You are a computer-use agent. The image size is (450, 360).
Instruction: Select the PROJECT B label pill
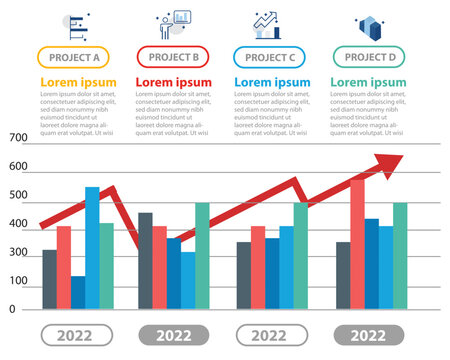click(x=174, y=58)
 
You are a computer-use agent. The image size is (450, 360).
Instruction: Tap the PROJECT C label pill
click(x=271, y=58)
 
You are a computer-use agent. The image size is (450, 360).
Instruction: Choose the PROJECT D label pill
click(x=369, y=58)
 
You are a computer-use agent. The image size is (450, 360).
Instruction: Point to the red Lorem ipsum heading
click(x=174, y=82)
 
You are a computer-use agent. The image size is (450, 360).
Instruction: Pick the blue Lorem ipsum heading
click(x=271, y=82)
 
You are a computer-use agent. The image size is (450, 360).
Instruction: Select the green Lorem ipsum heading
click(x=369, y=82)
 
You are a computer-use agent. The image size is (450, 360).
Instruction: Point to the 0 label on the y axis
click(x=12, y=309)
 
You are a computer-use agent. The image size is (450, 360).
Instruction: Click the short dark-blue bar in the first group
click(x=78, y=292)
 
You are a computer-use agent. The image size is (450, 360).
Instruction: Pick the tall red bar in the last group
click(x=357, y=244)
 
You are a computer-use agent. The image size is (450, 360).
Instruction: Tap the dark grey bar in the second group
click(x=145, y=261)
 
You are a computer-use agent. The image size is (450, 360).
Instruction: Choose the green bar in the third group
click(x=301, y=256)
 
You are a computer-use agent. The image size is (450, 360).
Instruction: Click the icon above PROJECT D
click(x=369, y=25)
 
